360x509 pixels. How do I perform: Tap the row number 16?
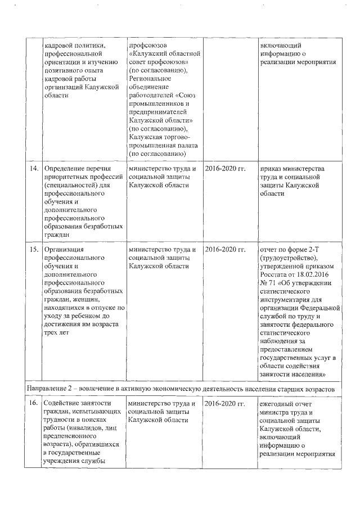pos(33,404)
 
